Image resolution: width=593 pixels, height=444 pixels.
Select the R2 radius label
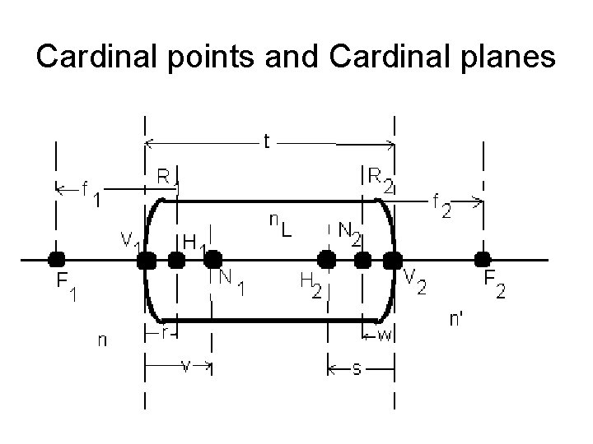coord(379,178)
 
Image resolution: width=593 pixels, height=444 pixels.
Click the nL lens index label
coord(280,223)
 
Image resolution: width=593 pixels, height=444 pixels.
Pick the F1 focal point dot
coord(57,260)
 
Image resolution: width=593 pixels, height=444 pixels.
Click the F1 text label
coord(65,288)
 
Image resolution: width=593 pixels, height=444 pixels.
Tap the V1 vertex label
coord(129,240)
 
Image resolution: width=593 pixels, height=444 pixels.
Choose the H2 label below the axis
coord(311,285)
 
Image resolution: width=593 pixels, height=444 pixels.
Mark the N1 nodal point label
coord(231,282)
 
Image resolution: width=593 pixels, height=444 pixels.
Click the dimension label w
coord(383,334)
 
